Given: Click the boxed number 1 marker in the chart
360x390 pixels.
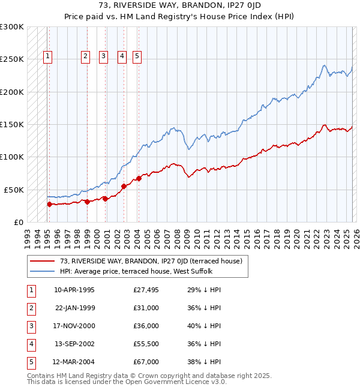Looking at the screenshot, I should [48, 56].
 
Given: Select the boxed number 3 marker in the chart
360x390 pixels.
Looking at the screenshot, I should [103, 56].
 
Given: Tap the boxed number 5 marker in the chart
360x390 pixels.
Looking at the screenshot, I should [137, 56].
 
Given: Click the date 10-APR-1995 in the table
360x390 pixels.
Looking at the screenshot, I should [74, 290].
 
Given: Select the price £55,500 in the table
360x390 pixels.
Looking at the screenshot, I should [146, 344].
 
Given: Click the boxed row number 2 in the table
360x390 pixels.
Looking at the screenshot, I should [31, 308].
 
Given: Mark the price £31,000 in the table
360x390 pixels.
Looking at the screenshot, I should [146, 308].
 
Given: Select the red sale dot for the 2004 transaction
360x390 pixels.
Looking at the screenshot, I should [139, 178].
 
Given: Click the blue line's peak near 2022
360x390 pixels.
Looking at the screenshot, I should [324, 65].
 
